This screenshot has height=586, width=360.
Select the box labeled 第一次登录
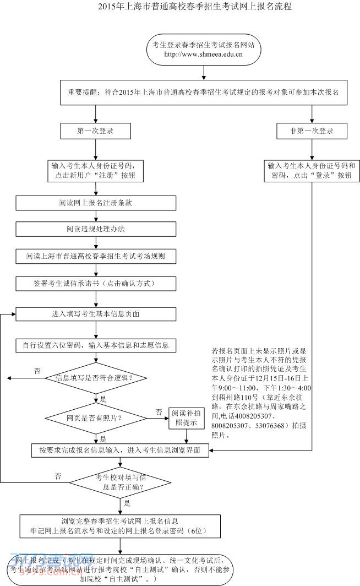96,131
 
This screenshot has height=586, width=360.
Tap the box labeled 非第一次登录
312,131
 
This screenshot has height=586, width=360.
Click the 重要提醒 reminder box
204,94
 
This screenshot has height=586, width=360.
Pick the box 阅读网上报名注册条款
96,203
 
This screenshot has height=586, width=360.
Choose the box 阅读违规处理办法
96,228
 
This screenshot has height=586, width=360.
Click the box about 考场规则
96,256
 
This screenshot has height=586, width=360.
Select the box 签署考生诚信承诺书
96,284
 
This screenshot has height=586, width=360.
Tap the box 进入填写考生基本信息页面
96,314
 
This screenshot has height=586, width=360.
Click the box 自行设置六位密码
96,346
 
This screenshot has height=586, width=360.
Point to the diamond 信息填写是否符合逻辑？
96,378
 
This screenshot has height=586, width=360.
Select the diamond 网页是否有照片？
96,417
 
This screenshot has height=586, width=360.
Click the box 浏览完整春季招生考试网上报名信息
120,526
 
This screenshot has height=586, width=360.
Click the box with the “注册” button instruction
96,170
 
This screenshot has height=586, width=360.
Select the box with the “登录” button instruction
312,170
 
